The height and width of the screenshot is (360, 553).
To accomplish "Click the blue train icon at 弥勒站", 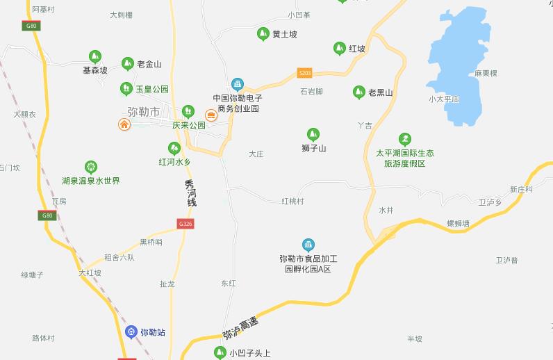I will coord(131,332).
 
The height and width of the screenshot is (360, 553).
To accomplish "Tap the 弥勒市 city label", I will coord(144,111).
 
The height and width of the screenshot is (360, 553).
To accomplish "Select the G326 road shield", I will coord(185,224).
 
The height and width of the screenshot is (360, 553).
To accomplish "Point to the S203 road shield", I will coord(304,72).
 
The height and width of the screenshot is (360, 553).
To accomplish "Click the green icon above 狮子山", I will coord(313,134).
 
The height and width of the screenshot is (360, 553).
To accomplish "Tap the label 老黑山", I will coord(381,92).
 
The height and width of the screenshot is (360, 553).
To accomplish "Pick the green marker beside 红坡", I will coord(339,49).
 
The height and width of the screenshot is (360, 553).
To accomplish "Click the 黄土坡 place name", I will coord(285,34).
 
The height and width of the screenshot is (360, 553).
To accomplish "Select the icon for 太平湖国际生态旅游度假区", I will coord(405,140).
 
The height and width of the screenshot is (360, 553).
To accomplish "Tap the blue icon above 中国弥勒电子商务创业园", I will coord(238,85).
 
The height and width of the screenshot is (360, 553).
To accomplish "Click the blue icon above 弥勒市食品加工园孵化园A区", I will coord(308,245).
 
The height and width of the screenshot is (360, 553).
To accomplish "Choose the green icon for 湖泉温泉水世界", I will coord(91,167).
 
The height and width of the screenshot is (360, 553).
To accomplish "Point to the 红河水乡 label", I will coord(174,162).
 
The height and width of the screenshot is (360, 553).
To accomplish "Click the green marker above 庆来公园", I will coord(188,111).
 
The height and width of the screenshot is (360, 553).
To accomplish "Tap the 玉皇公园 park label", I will coord(152,90).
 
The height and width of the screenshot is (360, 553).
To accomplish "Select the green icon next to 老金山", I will coord(128,64).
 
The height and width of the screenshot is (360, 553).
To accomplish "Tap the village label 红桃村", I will coord(292,201).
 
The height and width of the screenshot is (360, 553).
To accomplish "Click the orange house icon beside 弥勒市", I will coord(124,124).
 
